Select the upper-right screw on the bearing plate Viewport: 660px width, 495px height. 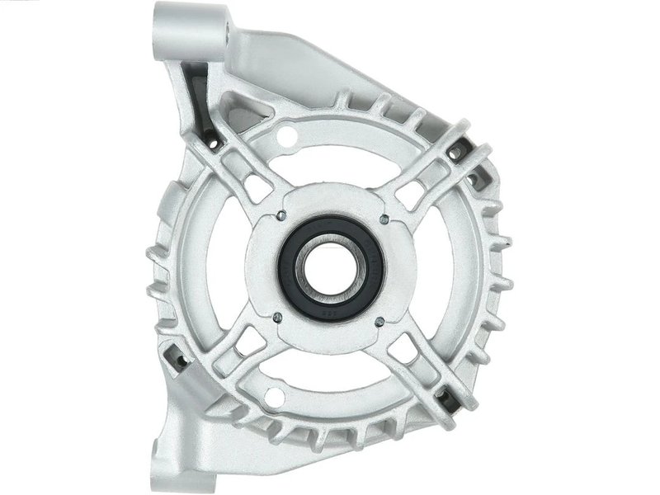[x=384, y=219]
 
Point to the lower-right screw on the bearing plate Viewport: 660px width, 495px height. [x=378, y=321]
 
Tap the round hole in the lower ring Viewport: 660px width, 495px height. [x=276, y=399]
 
